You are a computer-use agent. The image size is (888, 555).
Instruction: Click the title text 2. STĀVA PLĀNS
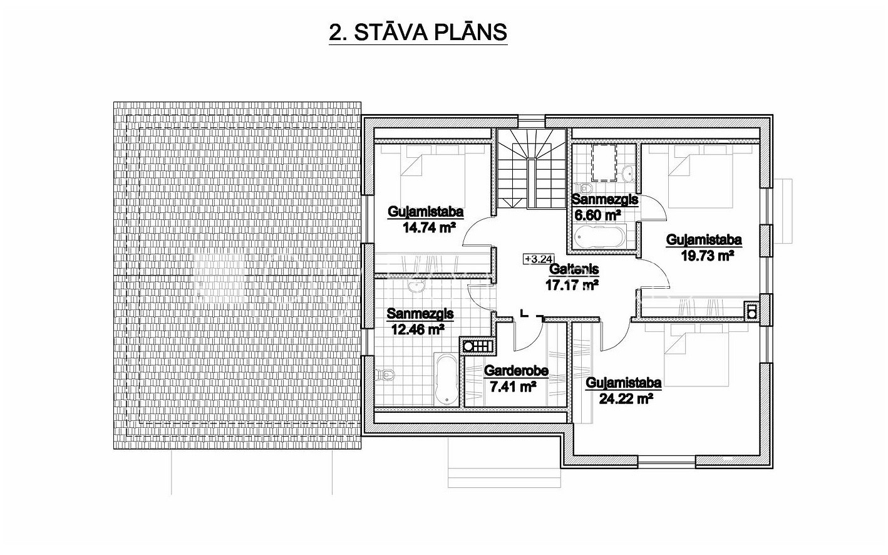(418, 33)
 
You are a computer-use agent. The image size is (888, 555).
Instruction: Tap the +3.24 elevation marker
(539, 259)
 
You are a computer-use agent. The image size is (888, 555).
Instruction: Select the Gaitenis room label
(574, 269)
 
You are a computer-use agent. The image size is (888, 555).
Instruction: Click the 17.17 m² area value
(572, 284)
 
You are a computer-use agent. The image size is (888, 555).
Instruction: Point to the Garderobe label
(516, 371)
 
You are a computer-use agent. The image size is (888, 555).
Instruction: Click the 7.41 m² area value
(513, 386)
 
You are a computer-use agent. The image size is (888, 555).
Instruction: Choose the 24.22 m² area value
(626, 398)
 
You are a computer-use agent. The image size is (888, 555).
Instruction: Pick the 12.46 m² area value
(418, 329)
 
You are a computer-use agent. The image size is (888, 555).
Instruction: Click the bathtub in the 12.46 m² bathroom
(447, 378)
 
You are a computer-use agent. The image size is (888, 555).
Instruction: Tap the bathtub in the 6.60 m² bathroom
(600, 237)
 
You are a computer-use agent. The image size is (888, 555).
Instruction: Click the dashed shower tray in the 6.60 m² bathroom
(604, 162)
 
